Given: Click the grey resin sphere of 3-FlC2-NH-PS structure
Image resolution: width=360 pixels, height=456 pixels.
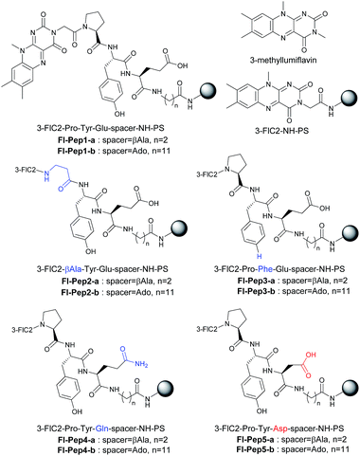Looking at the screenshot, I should point(346,105).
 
